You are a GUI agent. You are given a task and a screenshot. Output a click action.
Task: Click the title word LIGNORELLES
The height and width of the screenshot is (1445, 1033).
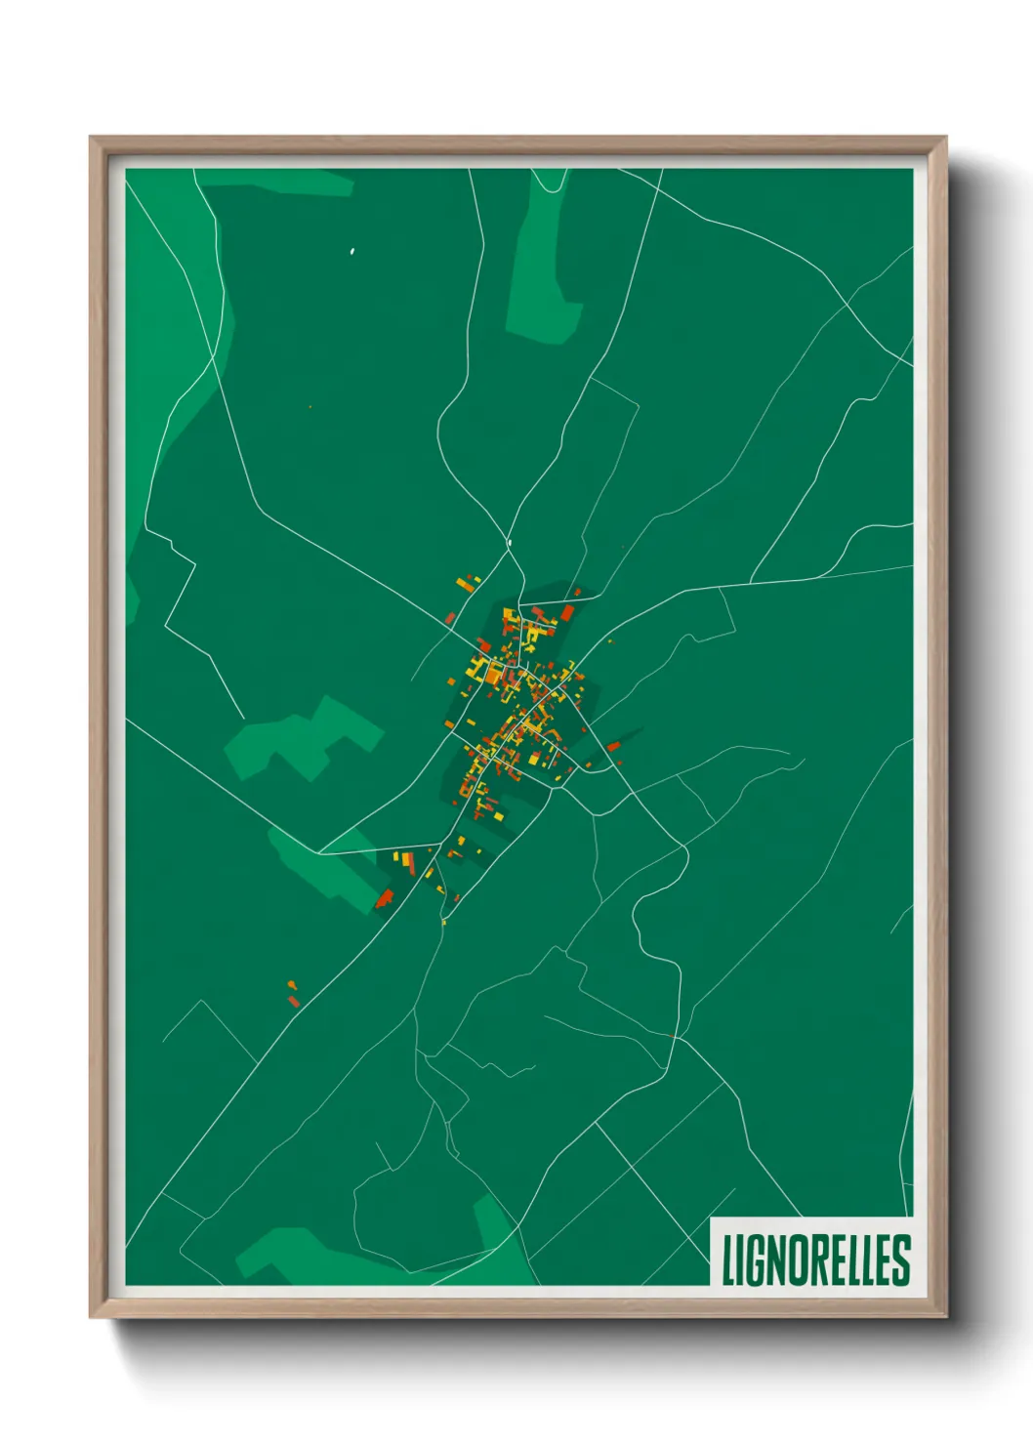click(x=815, y=1259)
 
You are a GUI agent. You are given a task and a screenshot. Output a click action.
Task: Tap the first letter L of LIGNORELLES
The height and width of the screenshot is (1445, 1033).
click(x=728, y=1259)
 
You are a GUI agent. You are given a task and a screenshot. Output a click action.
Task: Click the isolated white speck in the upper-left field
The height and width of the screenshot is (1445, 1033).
click(x=352, y=252)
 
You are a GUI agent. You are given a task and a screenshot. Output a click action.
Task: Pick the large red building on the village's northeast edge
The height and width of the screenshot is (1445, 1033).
click(x=567, y=613)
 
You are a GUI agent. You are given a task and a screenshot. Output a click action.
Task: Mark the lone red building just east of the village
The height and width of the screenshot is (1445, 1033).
click(x=613, y=747)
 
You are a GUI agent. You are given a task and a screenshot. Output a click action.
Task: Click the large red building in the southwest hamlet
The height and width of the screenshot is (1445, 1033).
click(x=385, y=898)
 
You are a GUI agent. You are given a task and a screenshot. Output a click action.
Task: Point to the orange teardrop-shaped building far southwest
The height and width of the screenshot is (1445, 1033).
click(x=293, y=1000)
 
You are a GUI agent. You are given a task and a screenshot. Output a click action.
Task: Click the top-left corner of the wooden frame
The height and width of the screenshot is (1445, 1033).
click(x=91, y=138)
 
